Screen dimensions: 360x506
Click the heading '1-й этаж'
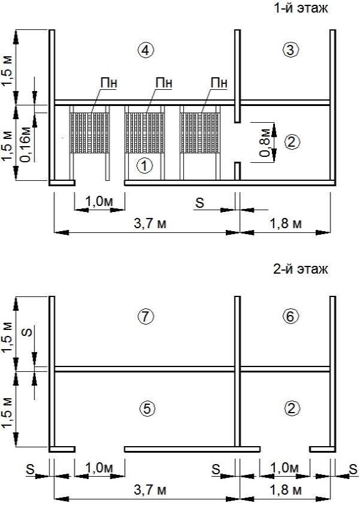click(x=301, y=8)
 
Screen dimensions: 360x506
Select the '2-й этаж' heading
click(x=300, y=269)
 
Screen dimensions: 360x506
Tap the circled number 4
click(x=146, y=50)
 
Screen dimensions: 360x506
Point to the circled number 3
click(x=291, y=50)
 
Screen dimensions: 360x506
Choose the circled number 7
click(x=146, y=317)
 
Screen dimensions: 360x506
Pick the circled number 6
click(x=291, y=317)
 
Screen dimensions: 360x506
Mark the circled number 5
click(x=147, y=409)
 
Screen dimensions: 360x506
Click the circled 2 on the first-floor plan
click(x=292, y=143)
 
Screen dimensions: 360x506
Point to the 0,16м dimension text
click(x=26, y=144)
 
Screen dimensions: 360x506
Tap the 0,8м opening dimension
click(x=265, y=143)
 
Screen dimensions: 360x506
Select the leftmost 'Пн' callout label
click(x=109, y=83)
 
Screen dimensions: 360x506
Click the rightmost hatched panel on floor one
click(x=200, y=132)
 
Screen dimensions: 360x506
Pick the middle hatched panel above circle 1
click(x=144, y=132)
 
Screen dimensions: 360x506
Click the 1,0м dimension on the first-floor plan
click(x=99, y=201)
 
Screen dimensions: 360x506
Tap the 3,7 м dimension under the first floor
click(x=150, y=223)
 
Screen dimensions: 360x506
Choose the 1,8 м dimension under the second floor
click(x=285, y=490)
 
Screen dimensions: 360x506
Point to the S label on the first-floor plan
click(x=200, y=203)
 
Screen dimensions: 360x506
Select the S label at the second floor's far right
click(x=353, y=469)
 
